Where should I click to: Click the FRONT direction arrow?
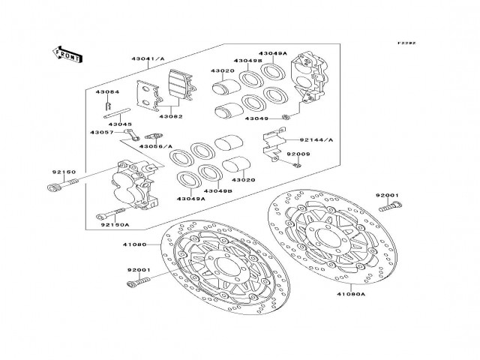tap(67, 54)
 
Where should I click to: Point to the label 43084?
tap(106, 91)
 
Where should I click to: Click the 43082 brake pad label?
tap(170, 116)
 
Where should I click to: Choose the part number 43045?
tap(121, 124)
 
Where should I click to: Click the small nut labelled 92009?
tap(298, 164)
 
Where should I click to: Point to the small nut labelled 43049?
tap(287, 118)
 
